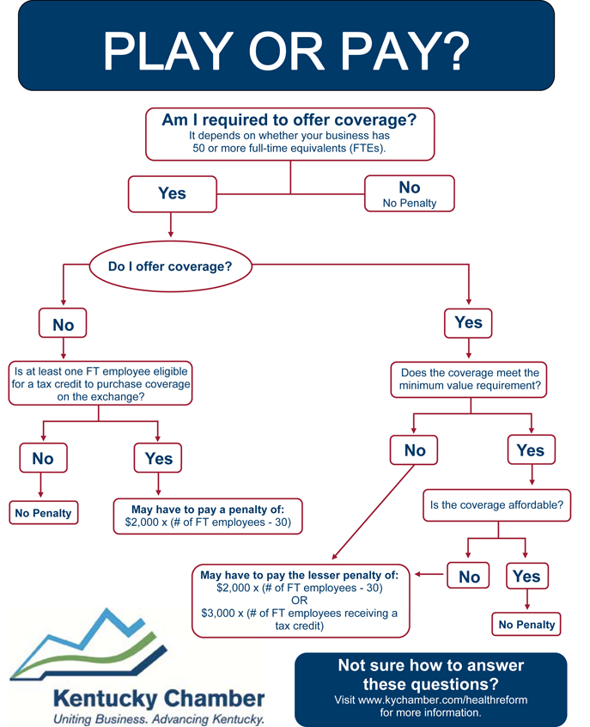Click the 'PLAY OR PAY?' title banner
(286, 46)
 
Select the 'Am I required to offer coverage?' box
(290, 134)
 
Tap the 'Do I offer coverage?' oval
(171, 266)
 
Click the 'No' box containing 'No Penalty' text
(410, 193)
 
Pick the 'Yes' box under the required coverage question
(173, 194)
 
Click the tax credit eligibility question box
(100, 383)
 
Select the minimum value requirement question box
(469, 380)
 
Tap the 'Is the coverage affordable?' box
(497, 505)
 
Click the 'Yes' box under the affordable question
(527, 576)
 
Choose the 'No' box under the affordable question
(468, 576)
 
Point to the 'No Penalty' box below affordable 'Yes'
(526, 624)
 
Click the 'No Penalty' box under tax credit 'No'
(44, 513)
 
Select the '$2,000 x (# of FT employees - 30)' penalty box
(208, 516)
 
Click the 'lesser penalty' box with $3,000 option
(301, 601)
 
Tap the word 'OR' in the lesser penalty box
(300, 601)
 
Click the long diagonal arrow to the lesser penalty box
(373, 512)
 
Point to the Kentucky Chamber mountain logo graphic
(88, 644)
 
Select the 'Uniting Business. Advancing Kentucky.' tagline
(159, 718)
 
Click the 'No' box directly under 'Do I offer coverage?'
(63, 323)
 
